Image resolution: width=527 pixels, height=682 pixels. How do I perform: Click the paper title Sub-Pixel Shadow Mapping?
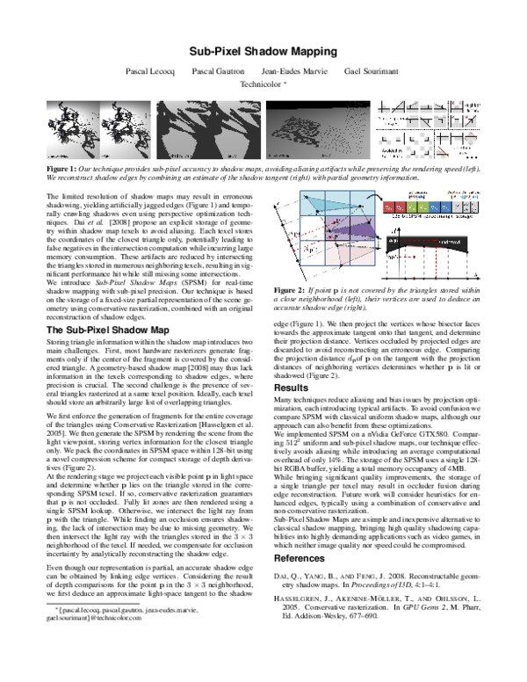(263, 51)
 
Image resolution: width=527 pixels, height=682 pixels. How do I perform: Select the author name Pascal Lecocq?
(150, 70)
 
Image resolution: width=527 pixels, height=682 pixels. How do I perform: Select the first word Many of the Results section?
(285, 401)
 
